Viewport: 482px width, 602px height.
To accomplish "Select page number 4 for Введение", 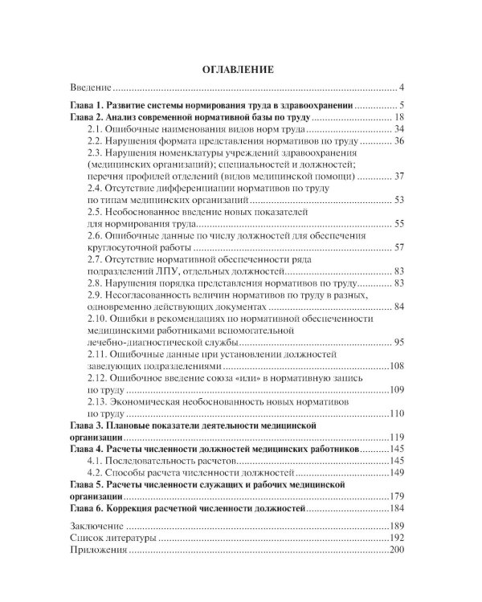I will pyautogui.click(x=401, y=87).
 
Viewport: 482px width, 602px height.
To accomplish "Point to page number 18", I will pyautogui.click(x=398, y=117).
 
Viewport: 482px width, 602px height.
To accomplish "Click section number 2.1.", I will pyautogui.click(x=95, y=129).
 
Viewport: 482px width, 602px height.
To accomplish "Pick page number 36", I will pyautogui.click(x=398, y=141).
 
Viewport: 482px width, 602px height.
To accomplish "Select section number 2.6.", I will pyautogui.click(x=95, y=236).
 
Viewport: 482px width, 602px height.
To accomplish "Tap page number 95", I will pyautogui.click(x=398, y=342).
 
